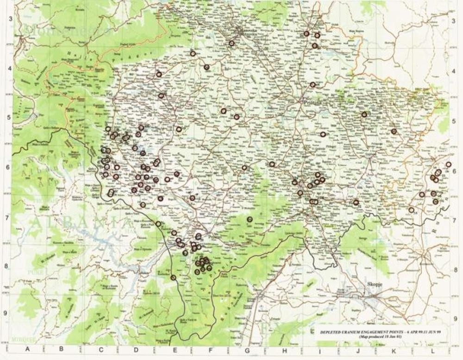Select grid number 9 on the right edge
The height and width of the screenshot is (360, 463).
tap(456, 318)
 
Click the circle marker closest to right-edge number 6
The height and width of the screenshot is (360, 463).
tap(448, 164)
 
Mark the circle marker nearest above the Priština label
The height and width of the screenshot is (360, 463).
tap(313, 85)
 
